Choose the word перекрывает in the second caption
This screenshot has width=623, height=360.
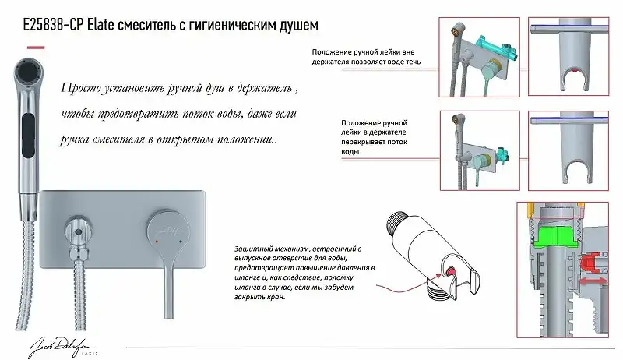[367, 143]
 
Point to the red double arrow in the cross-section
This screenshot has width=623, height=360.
[594, 275]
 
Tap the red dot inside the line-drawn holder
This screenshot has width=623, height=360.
[450, 270]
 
